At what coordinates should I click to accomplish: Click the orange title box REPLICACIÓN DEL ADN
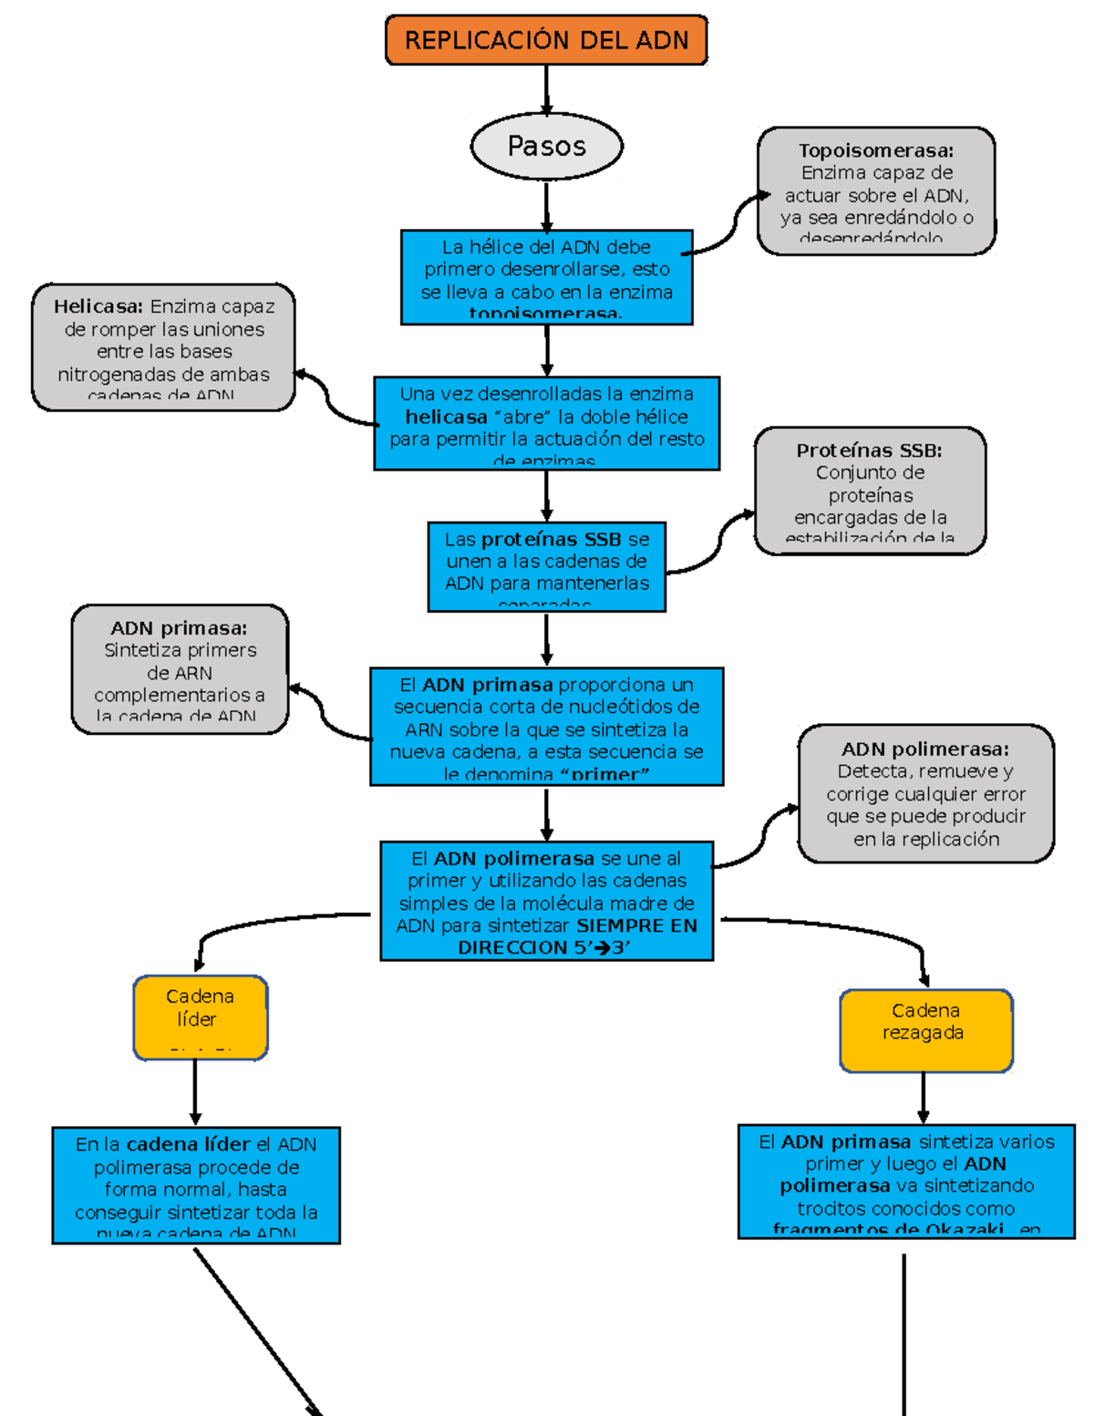(x=546, y=40)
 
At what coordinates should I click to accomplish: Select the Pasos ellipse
(x=546, y=146)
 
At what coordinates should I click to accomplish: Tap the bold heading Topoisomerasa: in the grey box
(x=876, y=150)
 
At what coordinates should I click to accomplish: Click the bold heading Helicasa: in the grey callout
(x=98, y=306)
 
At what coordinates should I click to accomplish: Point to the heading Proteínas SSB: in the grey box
(x=869, y=450)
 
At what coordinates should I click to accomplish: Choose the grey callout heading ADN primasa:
(x=179, y=628)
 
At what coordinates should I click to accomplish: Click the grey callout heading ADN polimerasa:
(x=925, y=749)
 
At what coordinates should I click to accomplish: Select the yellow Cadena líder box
(x=201, y=1017)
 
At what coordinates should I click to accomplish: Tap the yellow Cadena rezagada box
(x=925, y=1030)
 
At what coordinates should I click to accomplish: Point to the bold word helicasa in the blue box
(x=446, y=418)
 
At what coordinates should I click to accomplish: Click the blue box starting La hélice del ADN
(x=546, y=277)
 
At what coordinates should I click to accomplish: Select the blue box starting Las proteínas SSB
(x=546, y=566)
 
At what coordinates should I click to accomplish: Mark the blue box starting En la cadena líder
(x=196, y=1185)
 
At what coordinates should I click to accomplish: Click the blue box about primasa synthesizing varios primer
(x=906, y=1181)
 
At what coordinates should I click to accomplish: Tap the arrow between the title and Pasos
(x=546, y=88)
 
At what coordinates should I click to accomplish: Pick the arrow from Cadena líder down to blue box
(x=195, y=1093)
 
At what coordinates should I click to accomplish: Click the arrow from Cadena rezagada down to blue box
(x=924, y=1098)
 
